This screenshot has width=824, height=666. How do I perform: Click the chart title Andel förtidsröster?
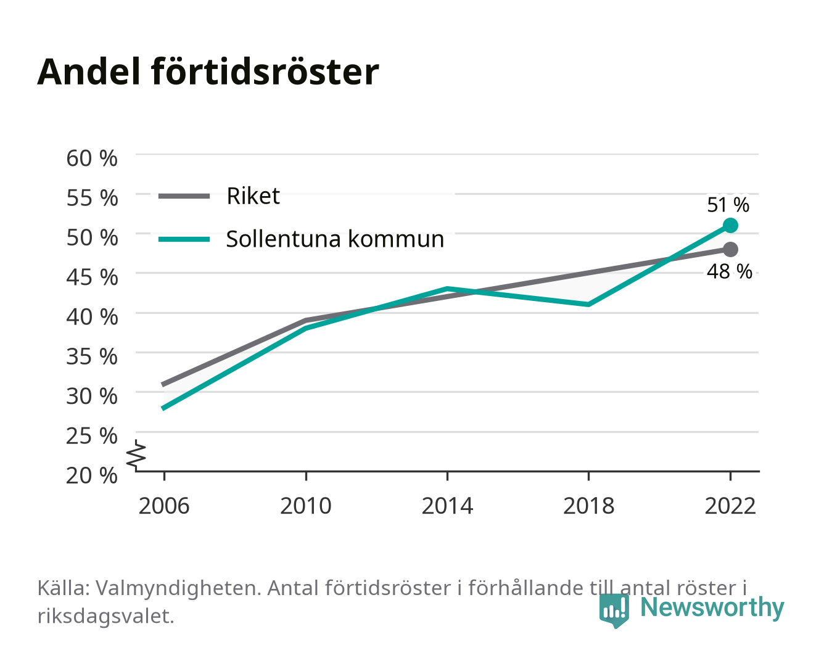click(x=208, y=72)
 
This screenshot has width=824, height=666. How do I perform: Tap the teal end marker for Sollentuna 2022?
click(x=730, y=225)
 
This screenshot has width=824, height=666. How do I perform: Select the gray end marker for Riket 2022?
click(x=730, y=250)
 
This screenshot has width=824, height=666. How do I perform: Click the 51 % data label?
click(x=728, y=205)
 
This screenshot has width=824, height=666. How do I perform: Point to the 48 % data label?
click(x=729, y=271)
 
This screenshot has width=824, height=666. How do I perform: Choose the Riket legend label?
click(x=253, y=195)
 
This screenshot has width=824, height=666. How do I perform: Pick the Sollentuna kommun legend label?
click(x=335, y=239)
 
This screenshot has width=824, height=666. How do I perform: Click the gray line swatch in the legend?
click(x=184, y=197)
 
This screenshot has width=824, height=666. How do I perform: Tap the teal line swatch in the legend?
click(x=184, y=239)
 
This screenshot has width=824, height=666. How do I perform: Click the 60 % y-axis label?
click(x=92, y=158)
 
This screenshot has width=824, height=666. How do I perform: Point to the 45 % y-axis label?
click(x=92, y=277)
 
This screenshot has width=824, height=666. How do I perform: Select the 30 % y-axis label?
click(x=92, y=396)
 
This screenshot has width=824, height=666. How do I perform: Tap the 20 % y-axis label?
click(x=92, y=475)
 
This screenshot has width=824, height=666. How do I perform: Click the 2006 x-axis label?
click(x=164, y=506)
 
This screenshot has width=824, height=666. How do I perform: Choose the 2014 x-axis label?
click(x=447, y=506)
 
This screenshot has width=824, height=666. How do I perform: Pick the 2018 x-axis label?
click(x=588, y=506)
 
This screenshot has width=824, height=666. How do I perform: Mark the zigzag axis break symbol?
click(x=136, y=456)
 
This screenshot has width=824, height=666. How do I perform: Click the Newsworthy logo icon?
click(x=614, y=610)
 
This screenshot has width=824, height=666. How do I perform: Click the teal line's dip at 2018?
click(x=588, y=305)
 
